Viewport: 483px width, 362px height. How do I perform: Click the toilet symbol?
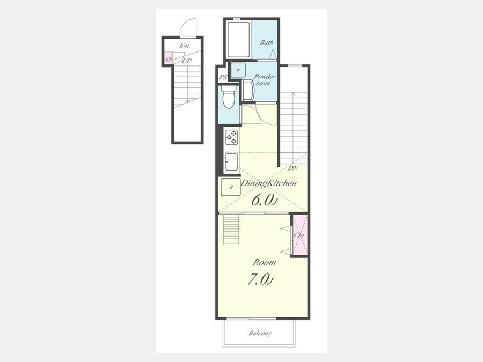(x=229, y=97)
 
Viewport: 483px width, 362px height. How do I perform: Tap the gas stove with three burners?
(x=231, y=137)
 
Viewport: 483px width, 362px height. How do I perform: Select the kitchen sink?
(x=231, y=161)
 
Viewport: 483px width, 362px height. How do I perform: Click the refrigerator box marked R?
(x=230, y=187)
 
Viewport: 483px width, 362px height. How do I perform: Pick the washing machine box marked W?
(x=238, y=70)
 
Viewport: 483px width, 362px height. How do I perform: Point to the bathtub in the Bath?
(x=238, y=39)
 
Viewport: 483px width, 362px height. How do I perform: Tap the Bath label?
(x=266, y=42)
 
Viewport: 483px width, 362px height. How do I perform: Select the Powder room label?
(x=264, y=80)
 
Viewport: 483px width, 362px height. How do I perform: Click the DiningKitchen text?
(x=268, y=183)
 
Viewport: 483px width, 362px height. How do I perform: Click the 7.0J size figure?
(x=261, y=279)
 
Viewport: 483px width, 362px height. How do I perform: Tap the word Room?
(x=264, y=263)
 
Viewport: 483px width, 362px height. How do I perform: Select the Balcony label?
(x=260, y=333)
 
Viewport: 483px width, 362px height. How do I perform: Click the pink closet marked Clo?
(x=299, y=235)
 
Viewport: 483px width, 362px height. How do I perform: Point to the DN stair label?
(x=293, y=168)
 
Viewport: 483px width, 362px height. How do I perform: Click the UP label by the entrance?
(x=187, y=61)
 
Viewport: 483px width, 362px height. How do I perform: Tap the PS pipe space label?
(x=223, y=77)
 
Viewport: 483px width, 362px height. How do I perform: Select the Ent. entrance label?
(x=185, y=46)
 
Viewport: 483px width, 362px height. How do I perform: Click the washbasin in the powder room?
(x=247, y=90)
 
